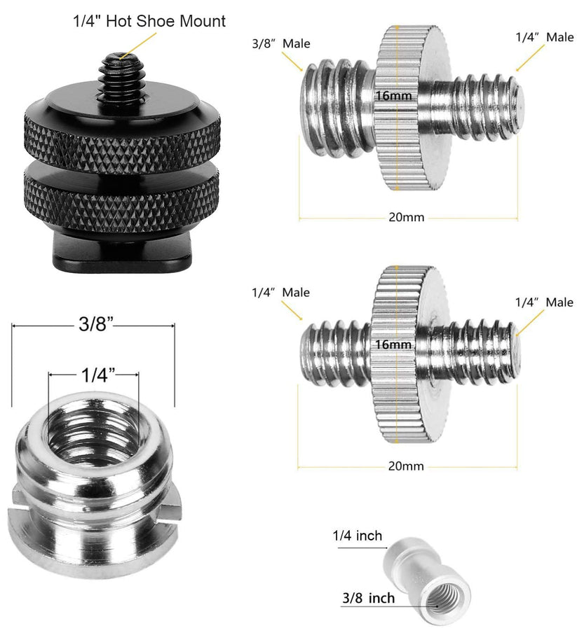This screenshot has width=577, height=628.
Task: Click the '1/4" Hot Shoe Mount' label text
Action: [149, 22]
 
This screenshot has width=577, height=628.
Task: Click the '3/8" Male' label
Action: [276, 43]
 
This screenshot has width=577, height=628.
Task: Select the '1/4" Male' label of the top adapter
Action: [544, 37]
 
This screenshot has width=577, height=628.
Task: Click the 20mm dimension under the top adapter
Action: [407, 217]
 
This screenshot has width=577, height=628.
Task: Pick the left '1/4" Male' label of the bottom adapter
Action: [280, 293]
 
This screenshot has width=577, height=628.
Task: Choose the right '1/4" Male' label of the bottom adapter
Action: [544, 302]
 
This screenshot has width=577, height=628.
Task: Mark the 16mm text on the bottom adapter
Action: [393, 344]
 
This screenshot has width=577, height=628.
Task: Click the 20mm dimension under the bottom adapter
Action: [407, 466]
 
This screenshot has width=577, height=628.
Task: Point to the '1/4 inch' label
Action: [357, 536]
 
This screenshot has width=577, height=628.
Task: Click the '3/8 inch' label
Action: [368, 598]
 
